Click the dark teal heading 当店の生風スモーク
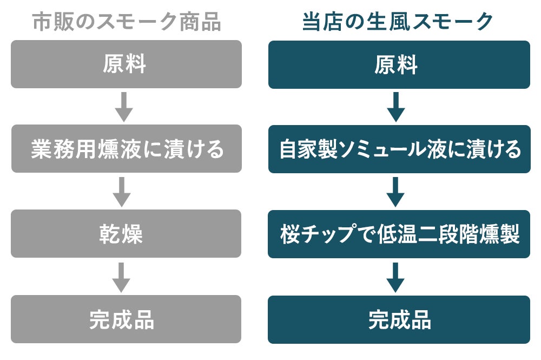pyautogui.click(x=398, y=22)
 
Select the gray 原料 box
pyautogui.click(x=126, y=64)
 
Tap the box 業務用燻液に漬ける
pyautogui.click(x=126, y=149)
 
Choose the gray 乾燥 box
pyautogui.click(x=126, y=234)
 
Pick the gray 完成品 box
pyautogui.click(x=126, y=319)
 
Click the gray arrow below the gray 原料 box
pyautogui.click(x=124, y=107)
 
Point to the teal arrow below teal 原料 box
pyautogui.click(x=396, y=107)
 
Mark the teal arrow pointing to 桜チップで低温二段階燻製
pyautogui.click(x=395, y=192)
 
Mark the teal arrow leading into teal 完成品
pyautogui.click(x=395, y=277)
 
